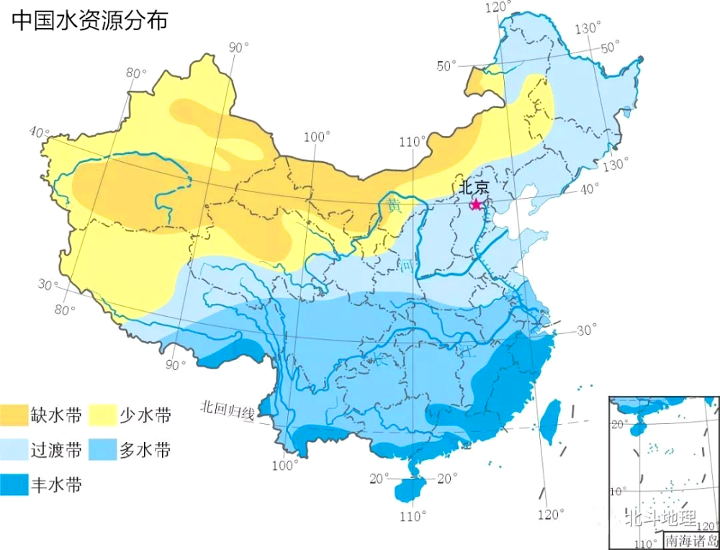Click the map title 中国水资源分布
(x=90, y=19)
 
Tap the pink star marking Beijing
(x=476, y=204)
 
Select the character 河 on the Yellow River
(x=407, y=266)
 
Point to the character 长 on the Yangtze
(x=381, y=359)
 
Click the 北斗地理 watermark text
(x=660, y=518)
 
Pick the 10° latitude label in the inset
(x=618, y=491)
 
